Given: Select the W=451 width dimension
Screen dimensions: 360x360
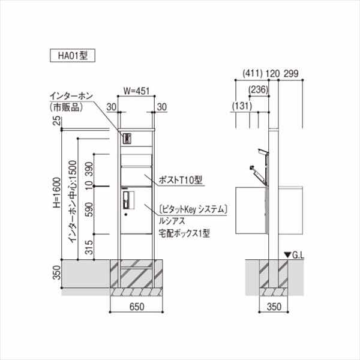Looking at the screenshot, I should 136,91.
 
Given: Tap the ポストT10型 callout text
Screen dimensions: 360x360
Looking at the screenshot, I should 181,179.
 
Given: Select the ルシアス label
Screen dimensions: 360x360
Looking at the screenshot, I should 173,220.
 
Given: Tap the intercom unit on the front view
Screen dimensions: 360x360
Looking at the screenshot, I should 127,138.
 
